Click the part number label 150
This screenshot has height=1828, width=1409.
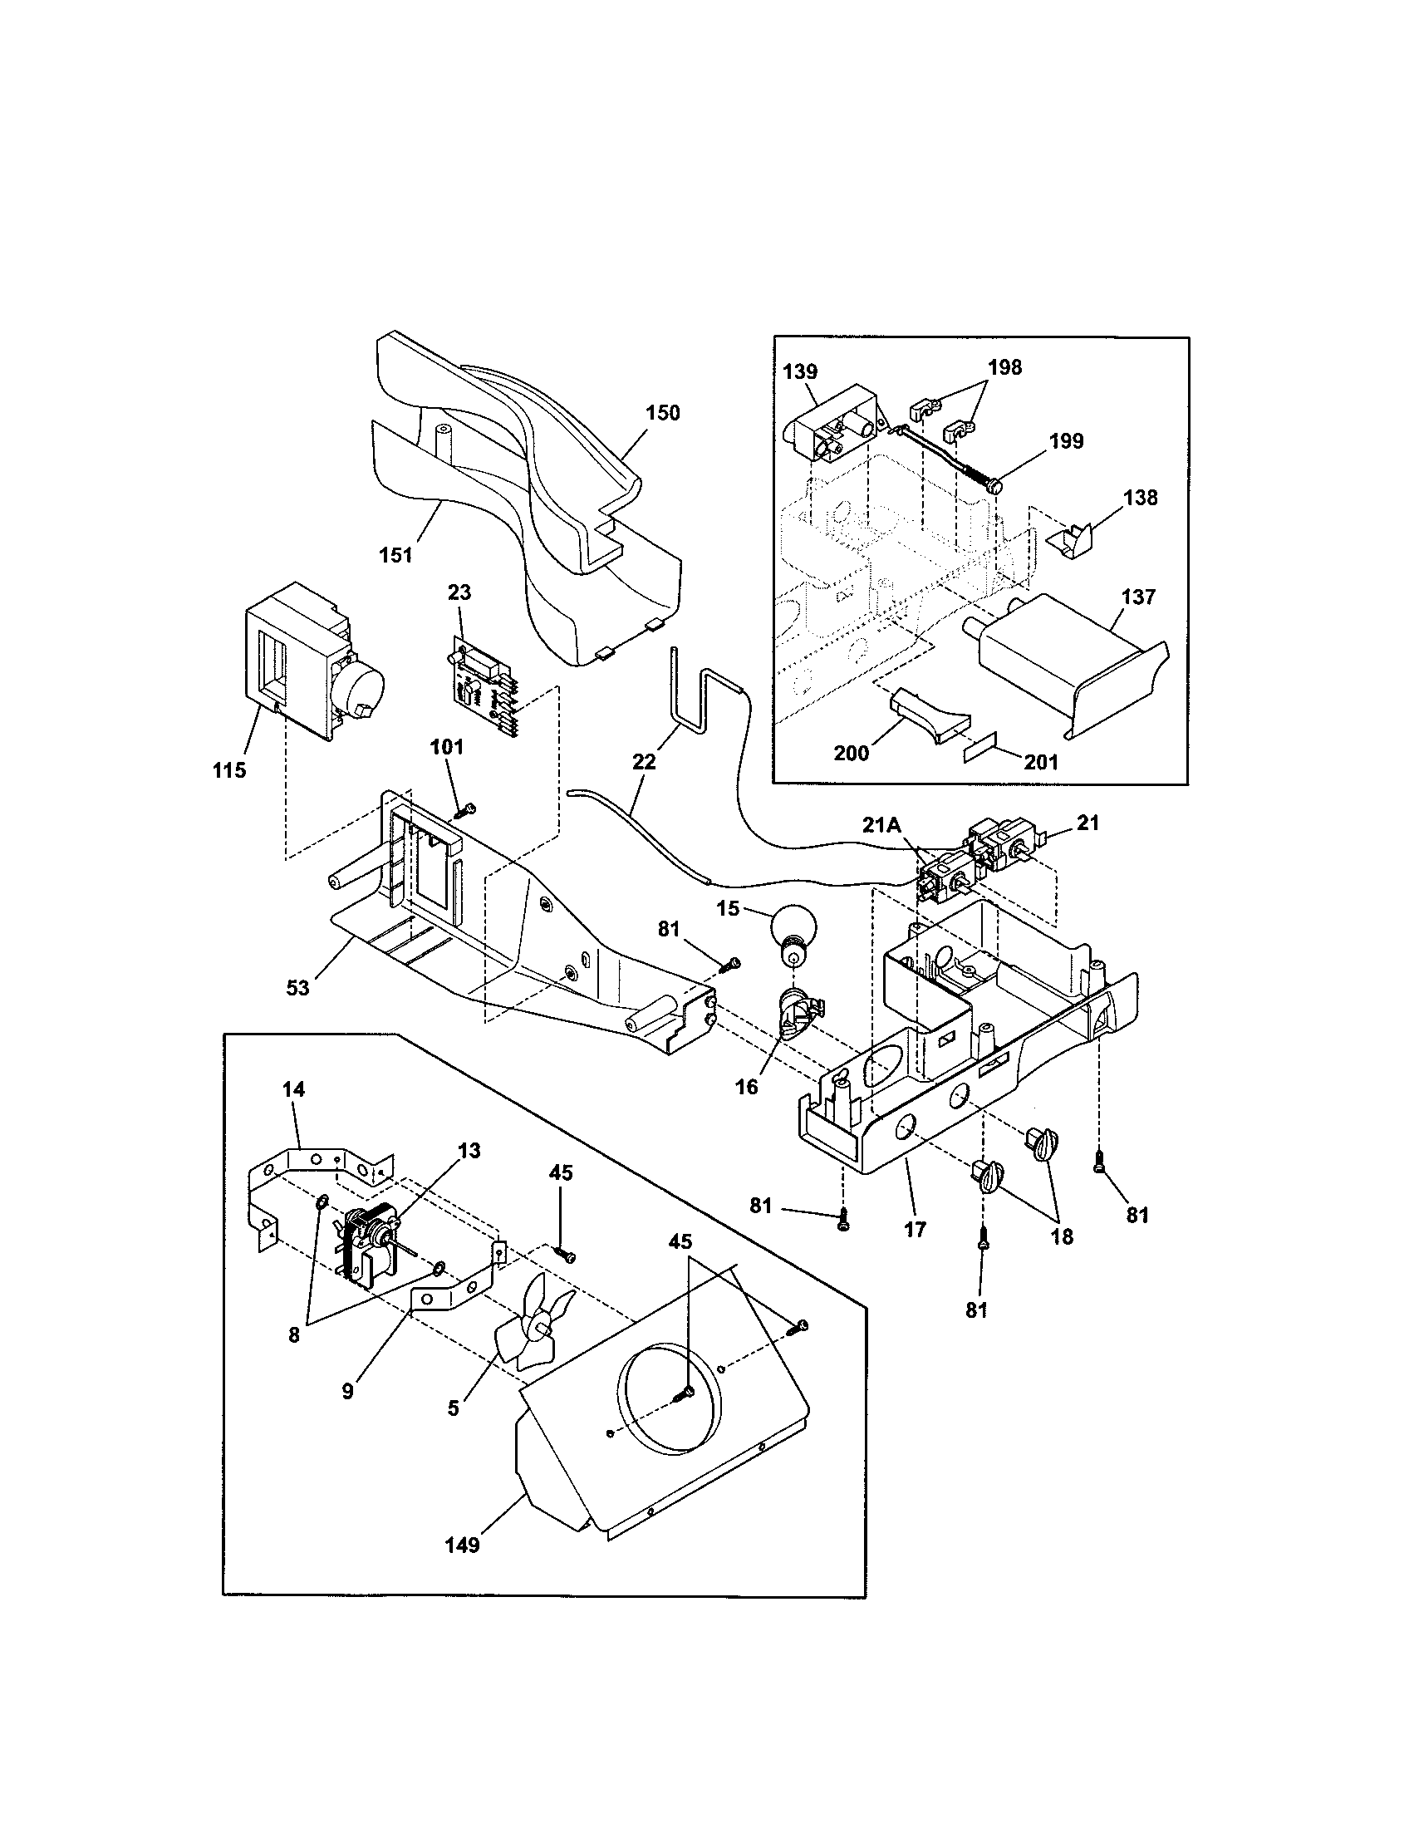tap(663, 413)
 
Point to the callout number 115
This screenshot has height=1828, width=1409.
tap(229, 770)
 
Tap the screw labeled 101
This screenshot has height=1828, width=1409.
tap(466, 809)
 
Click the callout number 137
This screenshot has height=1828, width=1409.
tap(1138, 597)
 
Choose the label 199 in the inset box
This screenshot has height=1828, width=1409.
tap(1067, 442)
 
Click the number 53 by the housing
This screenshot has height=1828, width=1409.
tap(298, 988)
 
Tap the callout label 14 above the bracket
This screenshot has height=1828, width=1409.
tap(294, 1089)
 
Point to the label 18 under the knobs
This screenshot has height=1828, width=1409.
tap(1062, 1236)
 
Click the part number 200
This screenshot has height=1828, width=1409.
tap(852, 753)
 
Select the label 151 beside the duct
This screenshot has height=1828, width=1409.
tap(395, 555)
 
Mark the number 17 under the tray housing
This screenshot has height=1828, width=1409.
tap(916, 1230)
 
